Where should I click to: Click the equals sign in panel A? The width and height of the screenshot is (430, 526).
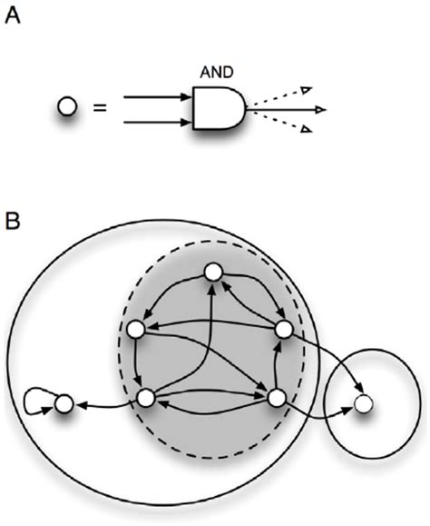click(101, 109)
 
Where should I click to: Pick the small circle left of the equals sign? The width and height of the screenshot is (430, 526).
click(65, 108)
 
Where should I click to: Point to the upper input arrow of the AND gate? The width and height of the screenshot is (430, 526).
click(156, 95)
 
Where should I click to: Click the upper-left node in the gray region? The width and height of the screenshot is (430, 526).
click(137, 329)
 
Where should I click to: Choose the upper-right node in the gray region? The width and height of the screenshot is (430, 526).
click(282, 328)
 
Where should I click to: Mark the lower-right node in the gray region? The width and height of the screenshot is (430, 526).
click(276, 396)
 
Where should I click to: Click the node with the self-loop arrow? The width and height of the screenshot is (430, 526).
click(63, 402)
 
